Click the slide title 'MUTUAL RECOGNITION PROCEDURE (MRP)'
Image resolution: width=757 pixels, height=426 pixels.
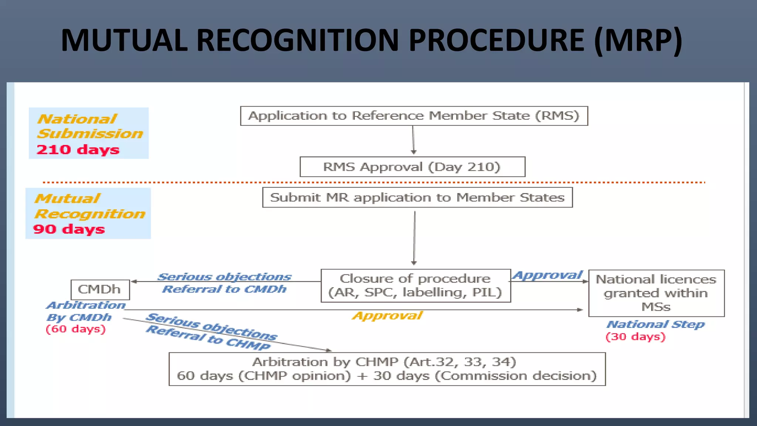click(371, 40)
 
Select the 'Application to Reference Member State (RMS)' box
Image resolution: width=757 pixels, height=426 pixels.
click(414, 116)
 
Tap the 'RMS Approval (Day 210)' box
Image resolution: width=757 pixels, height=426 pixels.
click(412, 167)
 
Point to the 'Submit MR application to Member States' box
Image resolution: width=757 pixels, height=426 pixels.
click(417, 197)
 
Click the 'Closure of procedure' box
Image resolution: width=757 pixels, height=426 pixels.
click(415, 285)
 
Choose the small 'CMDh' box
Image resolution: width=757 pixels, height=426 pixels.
click(100, 290)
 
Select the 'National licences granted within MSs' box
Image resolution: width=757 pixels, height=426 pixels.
click(656, 293)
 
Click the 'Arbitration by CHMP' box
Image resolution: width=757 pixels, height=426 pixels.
click(387, 369)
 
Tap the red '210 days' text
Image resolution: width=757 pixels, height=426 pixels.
click(78, 150)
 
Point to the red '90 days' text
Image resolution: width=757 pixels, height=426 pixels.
click(69, 229)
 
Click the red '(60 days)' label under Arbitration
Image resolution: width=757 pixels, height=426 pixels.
click(76, 329)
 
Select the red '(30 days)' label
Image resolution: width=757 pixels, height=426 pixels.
click(635, 337)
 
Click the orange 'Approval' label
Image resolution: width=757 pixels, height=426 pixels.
click(387, 316)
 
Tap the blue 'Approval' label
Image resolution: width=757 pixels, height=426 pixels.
click(548, 275)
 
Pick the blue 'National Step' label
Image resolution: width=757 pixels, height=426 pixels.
click(655, 324)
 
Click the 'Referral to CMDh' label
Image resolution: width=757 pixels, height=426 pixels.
click(224, 289)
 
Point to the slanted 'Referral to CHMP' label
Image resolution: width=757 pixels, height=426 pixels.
click(208, 337)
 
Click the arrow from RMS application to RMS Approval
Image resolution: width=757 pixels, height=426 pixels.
click(413, 140)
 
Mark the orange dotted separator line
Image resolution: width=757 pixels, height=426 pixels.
click(373, 182)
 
